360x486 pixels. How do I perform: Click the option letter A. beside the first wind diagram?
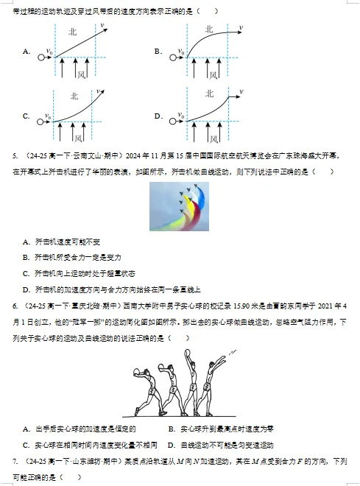pos(27,52)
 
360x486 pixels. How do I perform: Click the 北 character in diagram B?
pos(209,29)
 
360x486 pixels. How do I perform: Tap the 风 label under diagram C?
pos(77,137)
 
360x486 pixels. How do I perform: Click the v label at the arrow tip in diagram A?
pos(103,26)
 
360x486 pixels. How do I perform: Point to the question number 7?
pos(16,461)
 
